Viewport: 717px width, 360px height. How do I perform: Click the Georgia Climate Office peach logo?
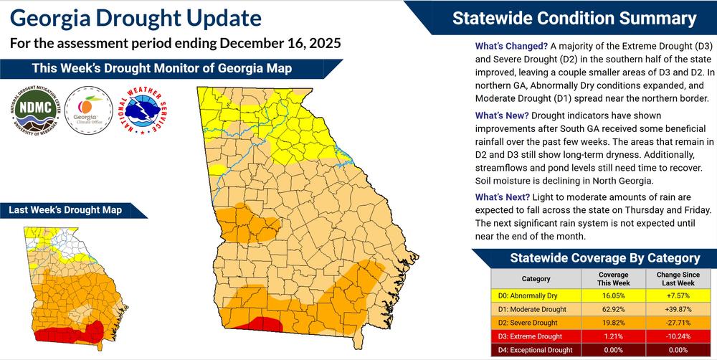[x=87, y=113]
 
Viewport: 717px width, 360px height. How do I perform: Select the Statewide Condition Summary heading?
[x=574, y=19]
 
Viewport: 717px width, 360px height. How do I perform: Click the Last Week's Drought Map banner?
[x=65, y=210]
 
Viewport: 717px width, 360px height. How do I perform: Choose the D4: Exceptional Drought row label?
[x=536, y=350]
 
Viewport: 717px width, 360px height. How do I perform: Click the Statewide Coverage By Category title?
[x=604, y=258]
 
